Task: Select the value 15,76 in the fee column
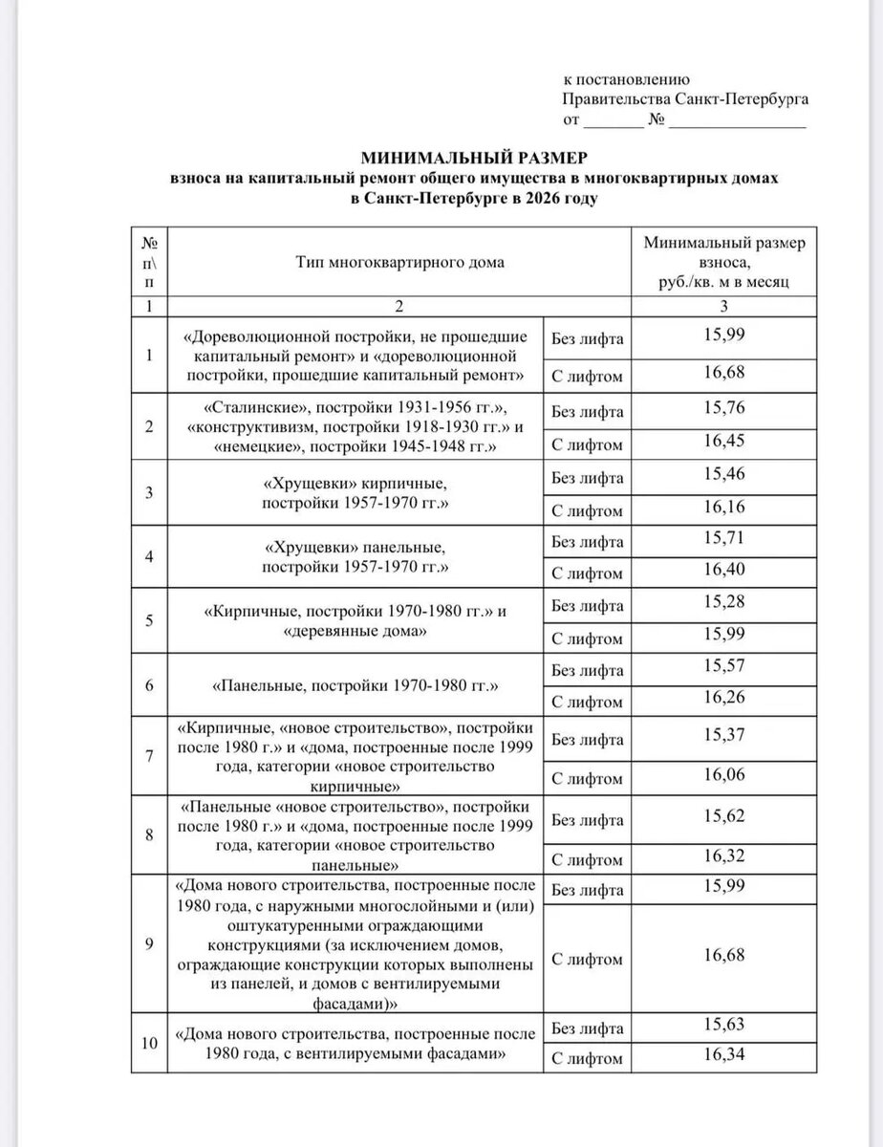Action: point(723,407)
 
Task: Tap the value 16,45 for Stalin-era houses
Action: point(723,442)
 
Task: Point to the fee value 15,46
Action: point(723,473)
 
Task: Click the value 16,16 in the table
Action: point(723,508)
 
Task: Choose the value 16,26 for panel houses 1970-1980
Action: point(723,700)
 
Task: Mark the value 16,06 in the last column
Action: point(723,773)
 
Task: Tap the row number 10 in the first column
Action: point(148,1042)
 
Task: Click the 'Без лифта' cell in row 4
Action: point(588,542)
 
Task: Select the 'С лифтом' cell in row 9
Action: point(588,960)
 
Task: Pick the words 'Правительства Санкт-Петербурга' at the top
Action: point(685,99)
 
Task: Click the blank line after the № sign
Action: point(737,123)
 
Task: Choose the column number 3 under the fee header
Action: point(723,307)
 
